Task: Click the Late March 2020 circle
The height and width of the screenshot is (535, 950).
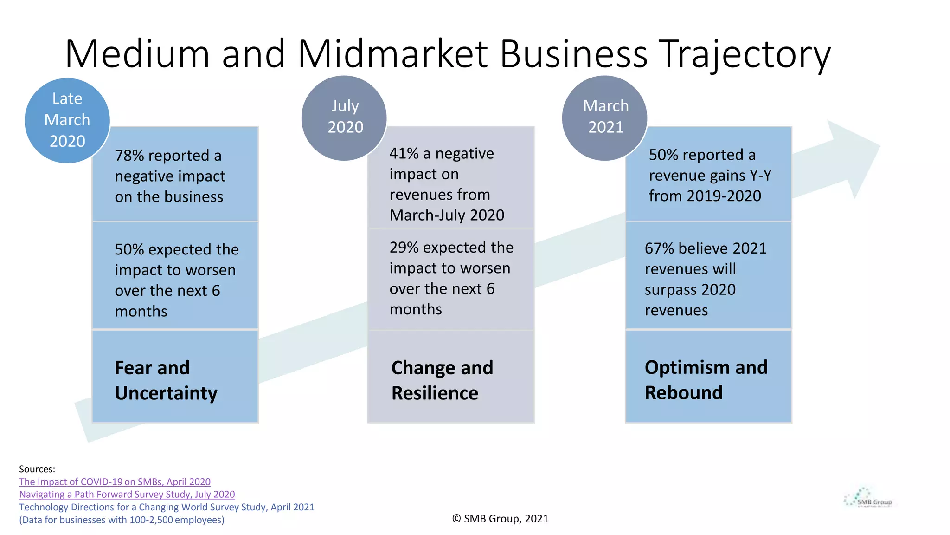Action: pos(67,120)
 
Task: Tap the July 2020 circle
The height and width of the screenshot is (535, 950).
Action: pos(344,118)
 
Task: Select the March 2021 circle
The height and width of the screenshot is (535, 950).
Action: pos(605,118)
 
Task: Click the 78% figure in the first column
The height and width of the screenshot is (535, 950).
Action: pos(129,156)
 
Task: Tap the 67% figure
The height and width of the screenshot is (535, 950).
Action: pos(659,248)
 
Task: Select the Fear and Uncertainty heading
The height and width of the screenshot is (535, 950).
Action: pos(166,380)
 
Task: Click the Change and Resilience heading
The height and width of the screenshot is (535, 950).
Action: pos(442,380)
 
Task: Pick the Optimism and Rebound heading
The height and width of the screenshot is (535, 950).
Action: pos(706,380)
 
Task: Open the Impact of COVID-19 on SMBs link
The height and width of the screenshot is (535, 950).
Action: pos(115,482)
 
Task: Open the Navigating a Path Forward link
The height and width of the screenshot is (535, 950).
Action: pos(127,495)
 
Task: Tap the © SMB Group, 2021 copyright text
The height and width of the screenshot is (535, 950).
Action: pos(500,519)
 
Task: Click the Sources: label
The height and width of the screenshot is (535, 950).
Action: pos(37,469)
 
